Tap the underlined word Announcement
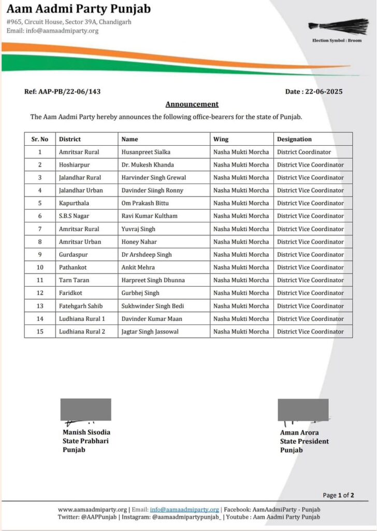(192, 104)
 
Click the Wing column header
(221, 139)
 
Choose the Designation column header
(294, 139)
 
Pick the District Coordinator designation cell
(304, 152)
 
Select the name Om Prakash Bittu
(145, 203)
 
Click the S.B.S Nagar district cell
(76, 216)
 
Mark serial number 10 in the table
(40, 267)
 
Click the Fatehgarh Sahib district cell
(81, 306)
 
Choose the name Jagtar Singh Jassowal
(150, 331)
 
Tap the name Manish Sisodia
(86, 432)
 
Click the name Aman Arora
(299, 433)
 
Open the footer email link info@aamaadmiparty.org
(184, 510)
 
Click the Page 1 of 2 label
(339, 495)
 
